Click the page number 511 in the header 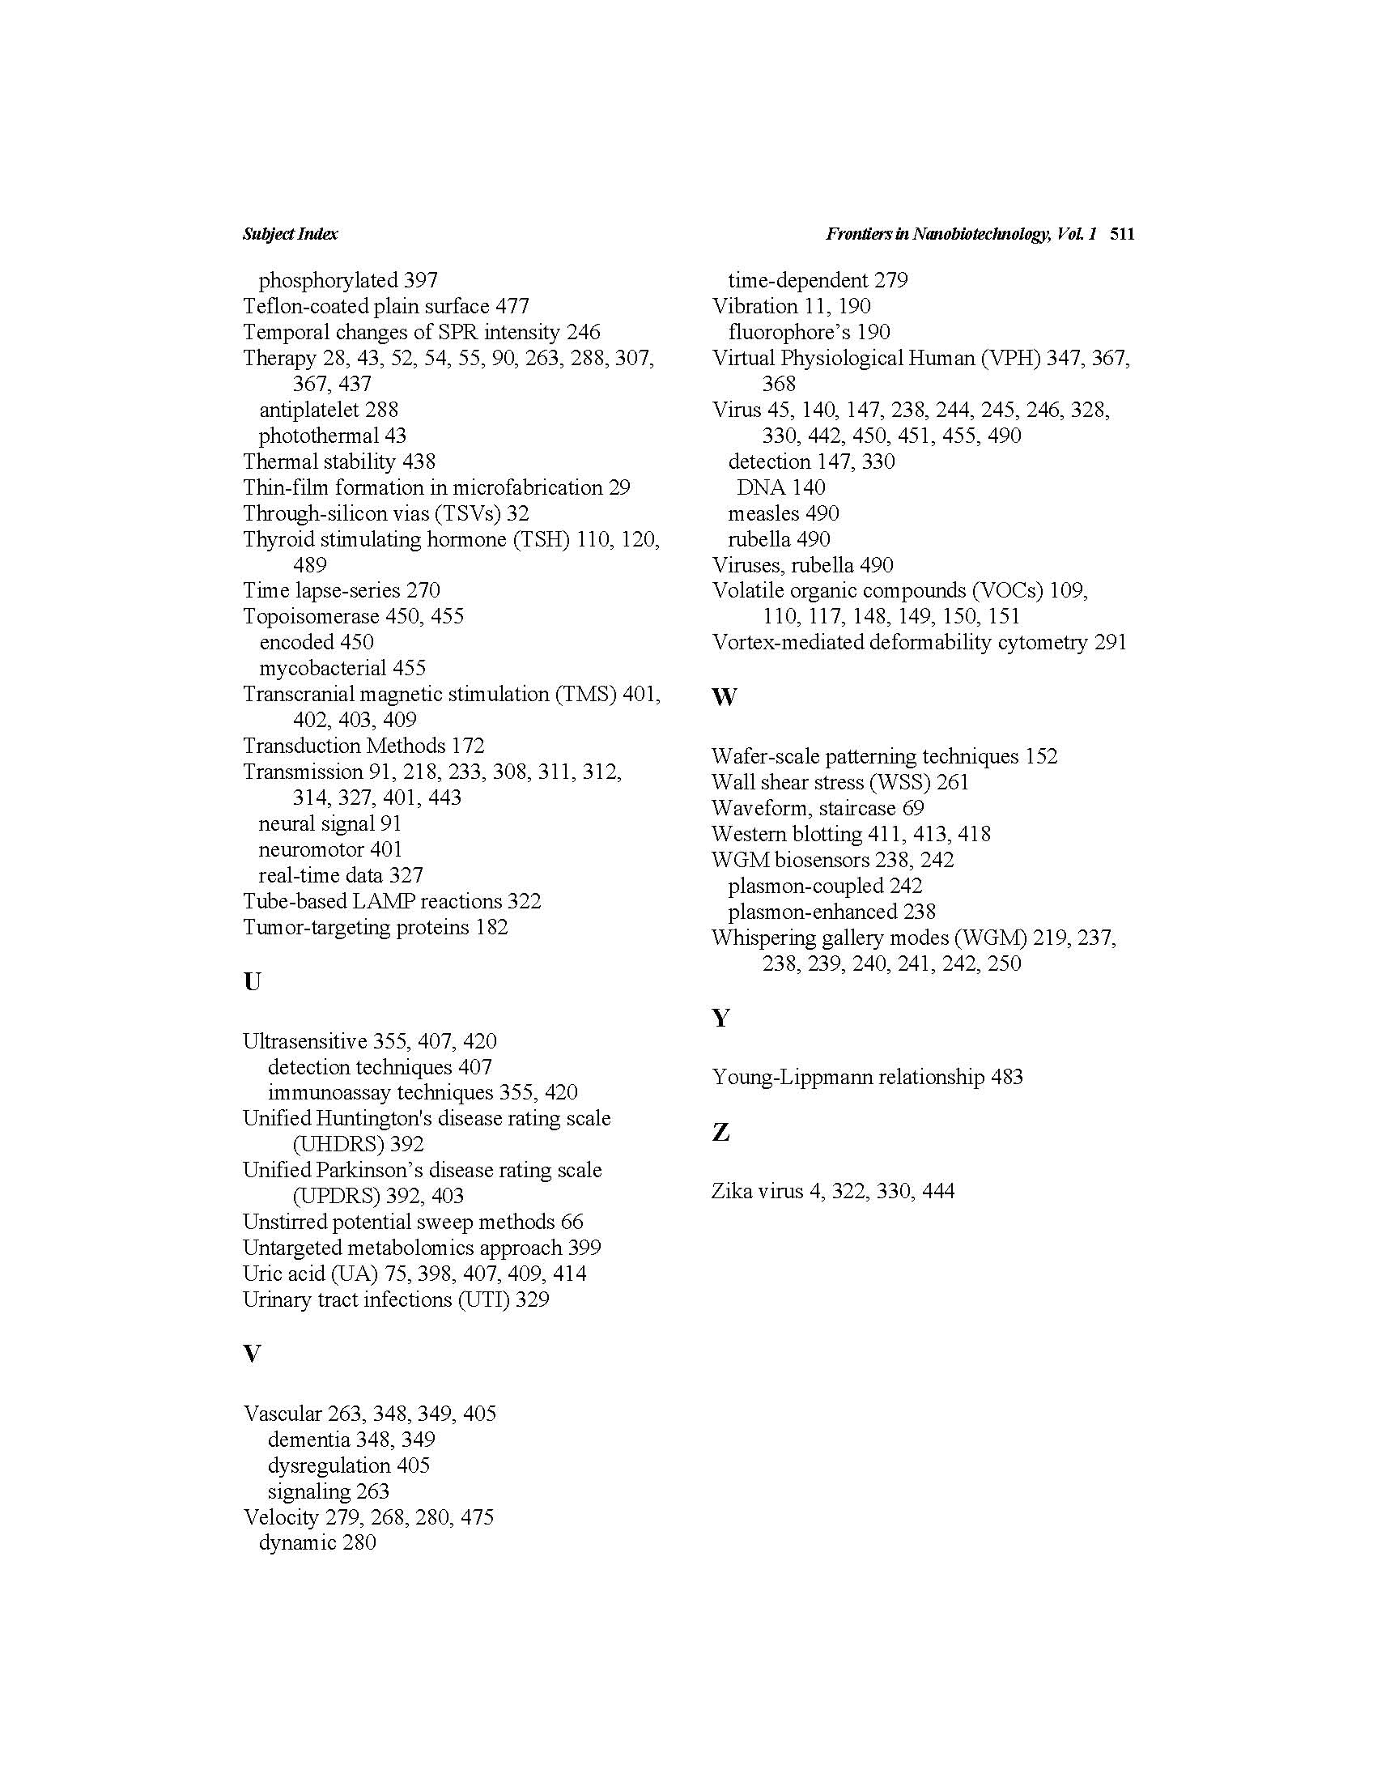click(x=1122, y=234)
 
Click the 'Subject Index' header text click(x=290, y=234)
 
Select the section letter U click(x=252, y=981)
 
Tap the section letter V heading click(x=252, y=1354)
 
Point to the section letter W click(x=724, y=697)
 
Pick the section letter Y click(x=720, y=1018)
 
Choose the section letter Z click(x=720, y=1132)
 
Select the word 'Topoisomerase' click(x=311, y=616)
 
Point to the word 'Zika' click(x=732, y=1191)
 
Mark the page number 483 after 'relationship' click(x=1007, y=1077)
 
